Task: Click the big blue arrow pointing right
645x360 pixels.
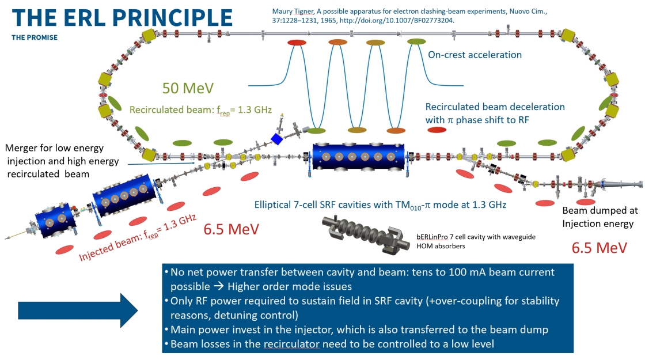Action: pyautogui.click(x=78, y=310)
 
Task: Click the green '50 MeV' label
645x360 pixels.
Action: pyautogui.click(x=188, y=88)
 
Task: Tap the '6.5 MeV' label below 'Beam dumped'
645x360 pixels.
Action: pyautogui.click(x=600, y=248)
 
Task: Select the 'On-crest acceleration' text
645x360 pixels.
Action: pyautogui.click(x=475, y=55)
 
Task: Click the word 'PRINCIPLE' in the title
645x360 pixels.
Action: pyautogui.click(x=172, y=18)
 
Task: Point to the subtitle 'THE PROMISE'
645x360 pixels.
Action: pyautogui.click(x=35, y=37)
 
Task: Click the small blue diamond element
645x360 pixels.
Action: pyautogui.click(x=277, y=139)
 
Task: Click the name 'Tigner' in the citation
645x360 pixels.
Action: pyautogui.click(x=303, y=12)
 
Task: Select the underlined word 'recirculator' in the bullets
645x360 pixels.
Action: pyautogui.click(x=291, y=344)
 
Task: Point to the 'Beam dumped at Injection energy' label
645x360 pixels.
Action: pyautogui.click(x=600, y=217)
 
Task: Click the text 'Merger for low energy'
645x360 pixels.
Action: pyautogui.click(x=54, y=148)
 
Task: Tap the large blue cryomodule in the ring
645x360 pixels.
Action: pyautogui.click(x=358, y=156)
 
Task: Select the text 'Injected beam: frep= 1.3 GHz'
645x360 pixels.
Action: pyautogui.click(x=138, y=238)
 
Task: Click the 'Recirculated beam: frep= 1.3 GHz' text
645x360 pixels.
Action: pyautogui.click(x=201, y=110)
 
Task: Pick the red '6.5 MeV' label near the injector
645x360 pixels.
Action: pyautogui.click(x=231, y=229)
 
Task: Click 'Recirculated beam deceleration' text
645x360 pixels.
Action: pyautogui.click(x=495, y=107)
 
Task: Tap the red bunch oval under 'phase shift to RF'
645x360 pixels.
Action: pyautogui.click(x=437, y=130)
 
